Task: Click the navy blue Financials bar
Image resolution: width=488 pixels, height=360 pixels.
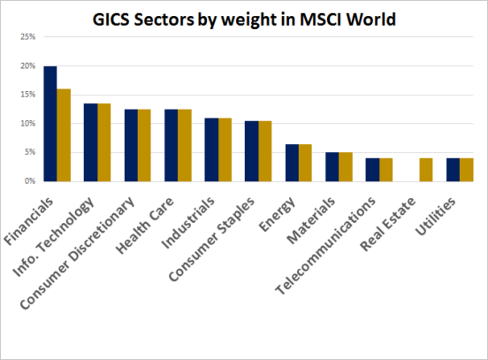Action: (50, 124)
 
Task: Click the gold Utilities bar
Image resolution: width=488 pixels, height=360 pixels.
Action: (466, 169)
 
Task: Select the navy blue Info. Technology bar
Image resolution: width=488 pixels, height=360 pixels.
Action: (90, 142)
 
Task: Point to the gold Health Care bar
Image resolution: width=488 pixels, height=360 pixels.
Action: (185, 145)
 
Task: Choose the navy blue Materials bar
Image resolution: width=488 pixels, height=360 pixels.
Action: (333, 166)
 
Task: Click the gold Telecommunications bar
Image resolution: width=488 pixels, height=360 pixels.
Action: (385, 169)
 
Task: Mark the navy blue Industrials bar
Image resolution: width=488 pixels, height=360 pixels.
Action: (211, 149)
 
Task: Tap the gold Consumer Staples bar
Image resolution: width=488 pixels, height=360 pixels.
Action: (265, 150)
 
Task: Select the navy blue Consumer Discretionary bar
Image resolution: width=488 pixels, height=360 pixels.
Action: (131, 145)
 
